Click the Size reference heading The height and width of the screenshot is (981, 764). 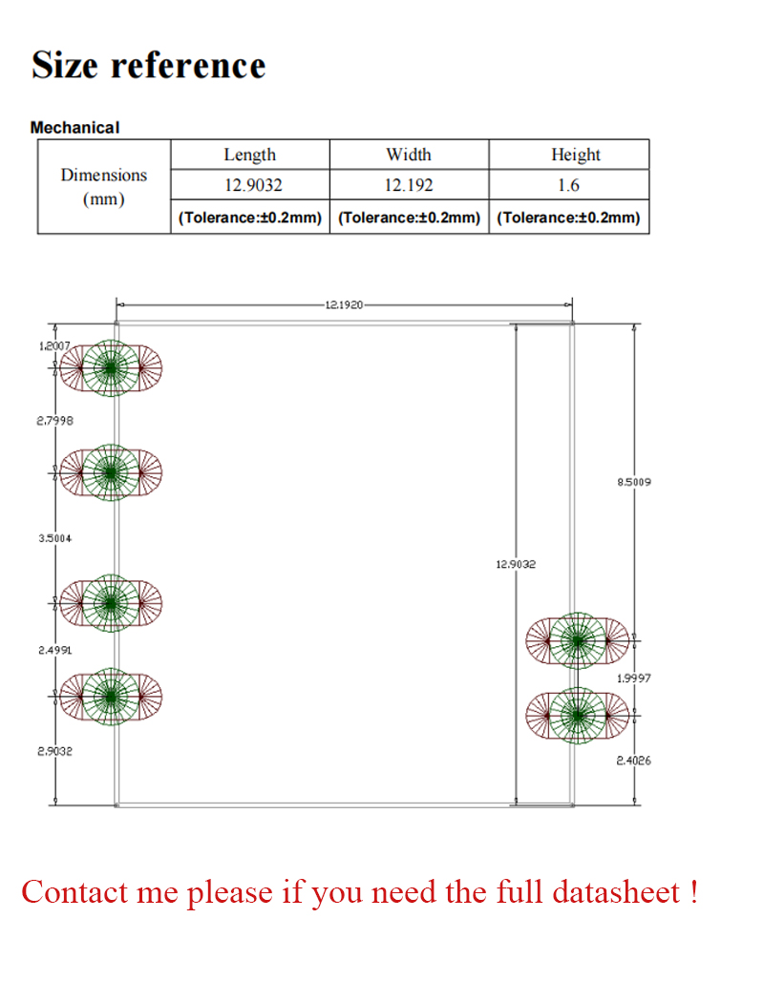tap(148, 65)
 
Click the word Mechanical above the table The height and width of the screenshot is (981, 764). tap(74, 128)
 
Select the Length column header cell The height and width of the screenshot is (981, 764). tap(250, 155)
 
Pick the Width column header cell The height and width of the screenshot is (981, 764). tap(409, 155)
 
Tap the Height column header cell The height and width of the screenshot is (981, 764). tap(568, 155)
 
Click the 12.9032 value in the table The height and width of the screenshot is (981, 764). tap(253, 185)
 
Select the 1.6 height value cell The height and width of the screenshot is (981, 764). tap(568, 184)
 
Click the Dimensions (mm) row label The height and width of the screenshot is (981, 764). tap(104, 186)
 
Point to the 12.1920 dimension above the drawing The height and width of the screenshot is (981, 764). tap(344, 304)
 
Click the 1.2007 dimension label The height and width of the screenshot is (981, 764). tap(54, 346)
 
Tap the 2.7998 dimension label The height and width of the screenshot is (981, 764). tap(54, 421)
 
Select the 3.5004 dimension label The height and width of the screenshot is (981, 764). tap(54, 538)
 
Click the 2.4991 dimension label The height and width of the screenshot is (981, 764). tap(54, 650)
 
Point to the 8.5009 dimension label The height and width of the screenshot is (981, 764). tap(634, 482)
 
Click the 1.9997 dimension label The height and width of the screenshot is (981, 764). tap(634, 678)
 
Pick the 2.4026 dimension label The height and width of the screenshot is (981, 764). tap(634, 761)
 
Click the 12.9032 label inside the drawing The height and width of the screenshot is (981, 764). tap(516, 564)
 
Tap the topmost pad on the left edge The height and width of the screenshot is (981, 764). tap(111, 368)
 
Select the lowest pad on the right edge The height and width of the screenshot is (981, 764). tap(578, 716)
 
